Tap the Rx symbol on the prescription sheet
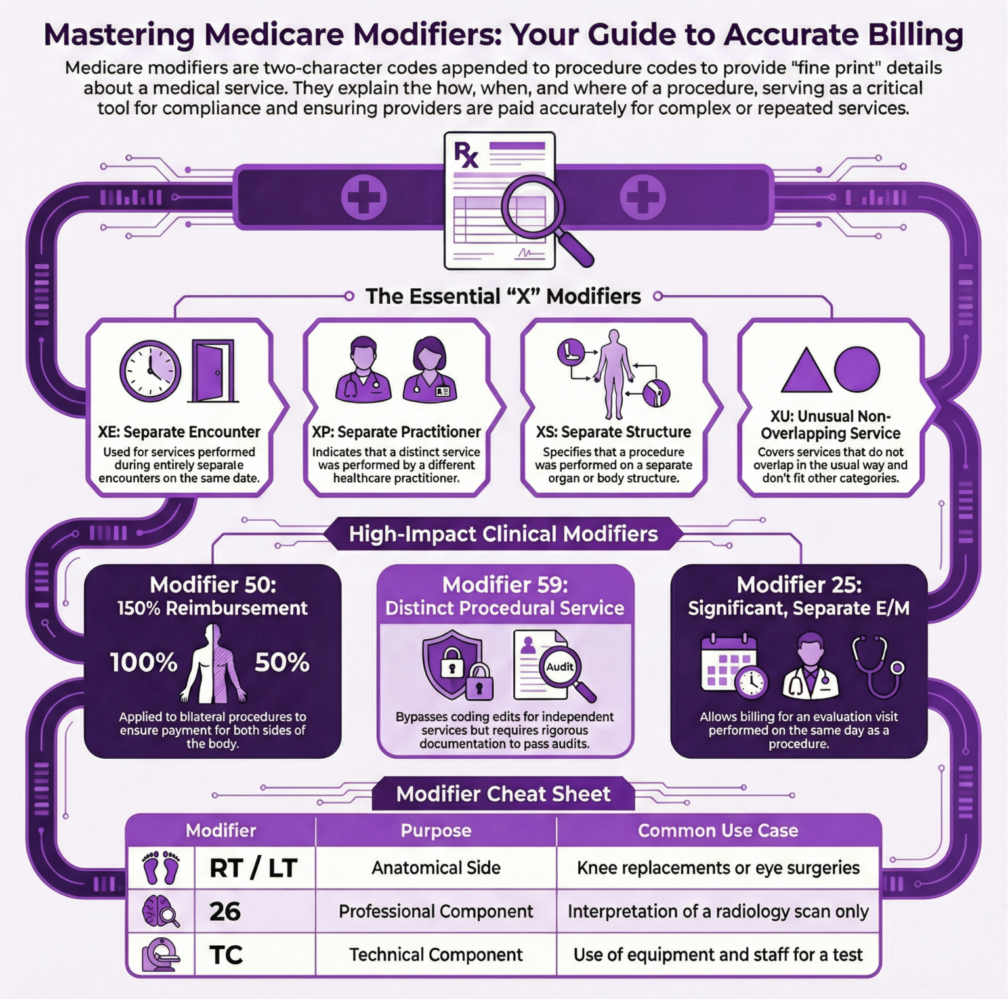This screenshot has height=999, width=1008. click(x=466, y=155)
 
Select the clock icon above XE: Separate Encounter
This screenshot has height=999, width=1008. click(x=150, y=371)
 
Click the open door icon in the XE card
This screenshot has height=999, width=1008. click(x=213, y=371)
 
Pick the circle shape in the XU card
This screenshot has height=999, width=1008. click(x=857, y=370)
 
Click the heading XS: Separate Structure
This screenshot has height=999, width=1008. click(x=613, y=432)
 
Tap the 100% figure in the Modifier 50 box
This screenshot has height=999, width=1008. click(x=144, y=662)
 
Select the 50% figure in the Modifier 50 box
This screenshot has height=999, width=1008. click(x=282, y=662)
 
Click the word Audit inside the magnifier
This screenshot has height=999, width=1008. click(x=560, y=667)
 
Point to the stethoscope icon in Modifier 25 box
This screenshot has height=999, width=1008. click(x=878, y=666)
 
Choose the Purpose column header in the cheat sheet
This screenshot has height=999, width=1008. click(x=436, y=830)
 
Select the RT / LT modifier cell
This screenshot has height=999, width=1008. click(x=253, y=868)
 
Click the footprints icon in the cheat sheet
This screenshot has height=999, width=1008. click(x=161, y=868)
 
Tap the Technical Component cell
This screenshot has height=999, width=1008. click(x=436, y=954)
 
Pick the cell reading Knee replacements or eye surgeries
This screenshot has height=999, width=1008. click(x=718, y=868)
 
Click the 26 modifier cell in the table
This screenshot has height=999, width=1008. click(x=225, y=911)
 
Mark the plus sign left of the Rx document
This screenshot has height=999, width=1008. click(x=364, y=197)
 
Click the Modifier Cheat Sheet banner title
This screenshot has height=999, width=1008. click(x=503, y=794)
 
